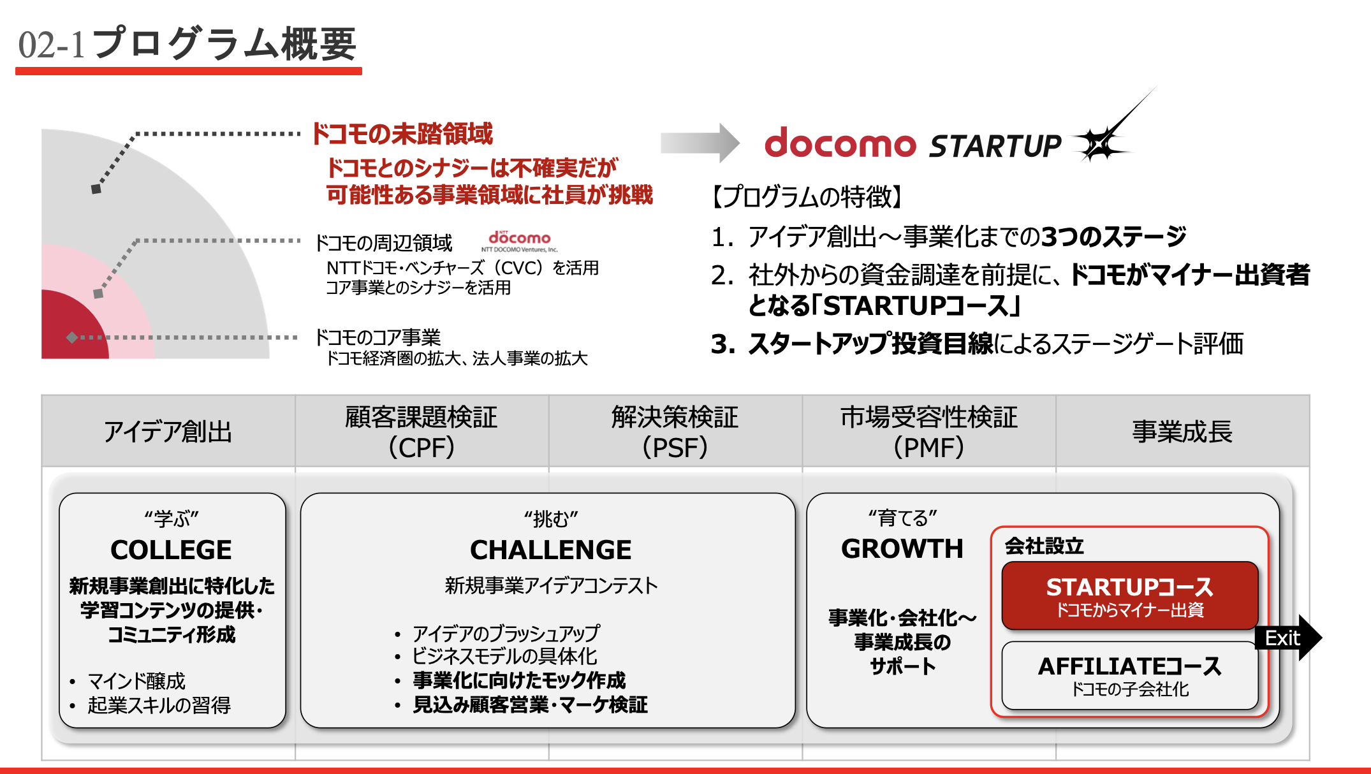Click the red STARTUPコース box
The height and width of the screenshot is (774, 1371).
tap(1130, 595)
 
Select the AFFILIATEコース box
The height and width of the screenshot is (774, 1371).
tap(1130, 675)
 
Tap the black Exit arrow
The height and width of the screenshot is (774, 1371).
tap(1288, 638)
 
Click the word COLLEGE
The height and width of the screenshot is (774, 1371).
tap(171, 550)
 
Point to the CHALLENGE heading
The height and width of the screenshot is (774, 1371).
tap(551, 550)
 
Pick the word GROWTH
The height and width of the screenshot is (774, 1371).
tap(902, 548)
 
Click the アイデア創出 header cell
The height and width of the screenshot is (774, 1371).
tap(168, 431)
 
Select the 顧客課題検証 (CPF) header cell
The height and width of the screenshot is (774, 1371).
tap(422, 431)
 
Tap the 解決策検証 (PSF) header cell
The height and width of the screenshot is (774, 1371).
tap(675, 431)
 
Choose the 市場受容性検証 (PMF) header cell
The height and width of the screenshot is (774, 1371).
tap(929, 431)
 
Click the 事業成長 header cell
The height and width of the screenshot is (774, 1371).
tap(1183, 431)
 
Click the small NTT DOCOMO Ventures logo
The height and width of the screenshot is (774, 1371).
tap(519, 242)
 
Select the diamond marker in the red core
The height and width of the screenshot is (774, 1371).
tap(72, 337)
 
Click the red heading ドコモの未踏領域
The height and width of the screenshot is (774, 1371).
tap(402, 134)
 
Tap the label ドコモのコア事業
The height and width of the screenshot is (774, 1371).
tap(378, 337)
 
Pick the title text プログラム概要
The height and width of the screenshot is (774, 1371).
tap(224, 44)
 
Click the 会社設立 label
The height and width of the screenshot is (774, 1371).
tap(1044, 546)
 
